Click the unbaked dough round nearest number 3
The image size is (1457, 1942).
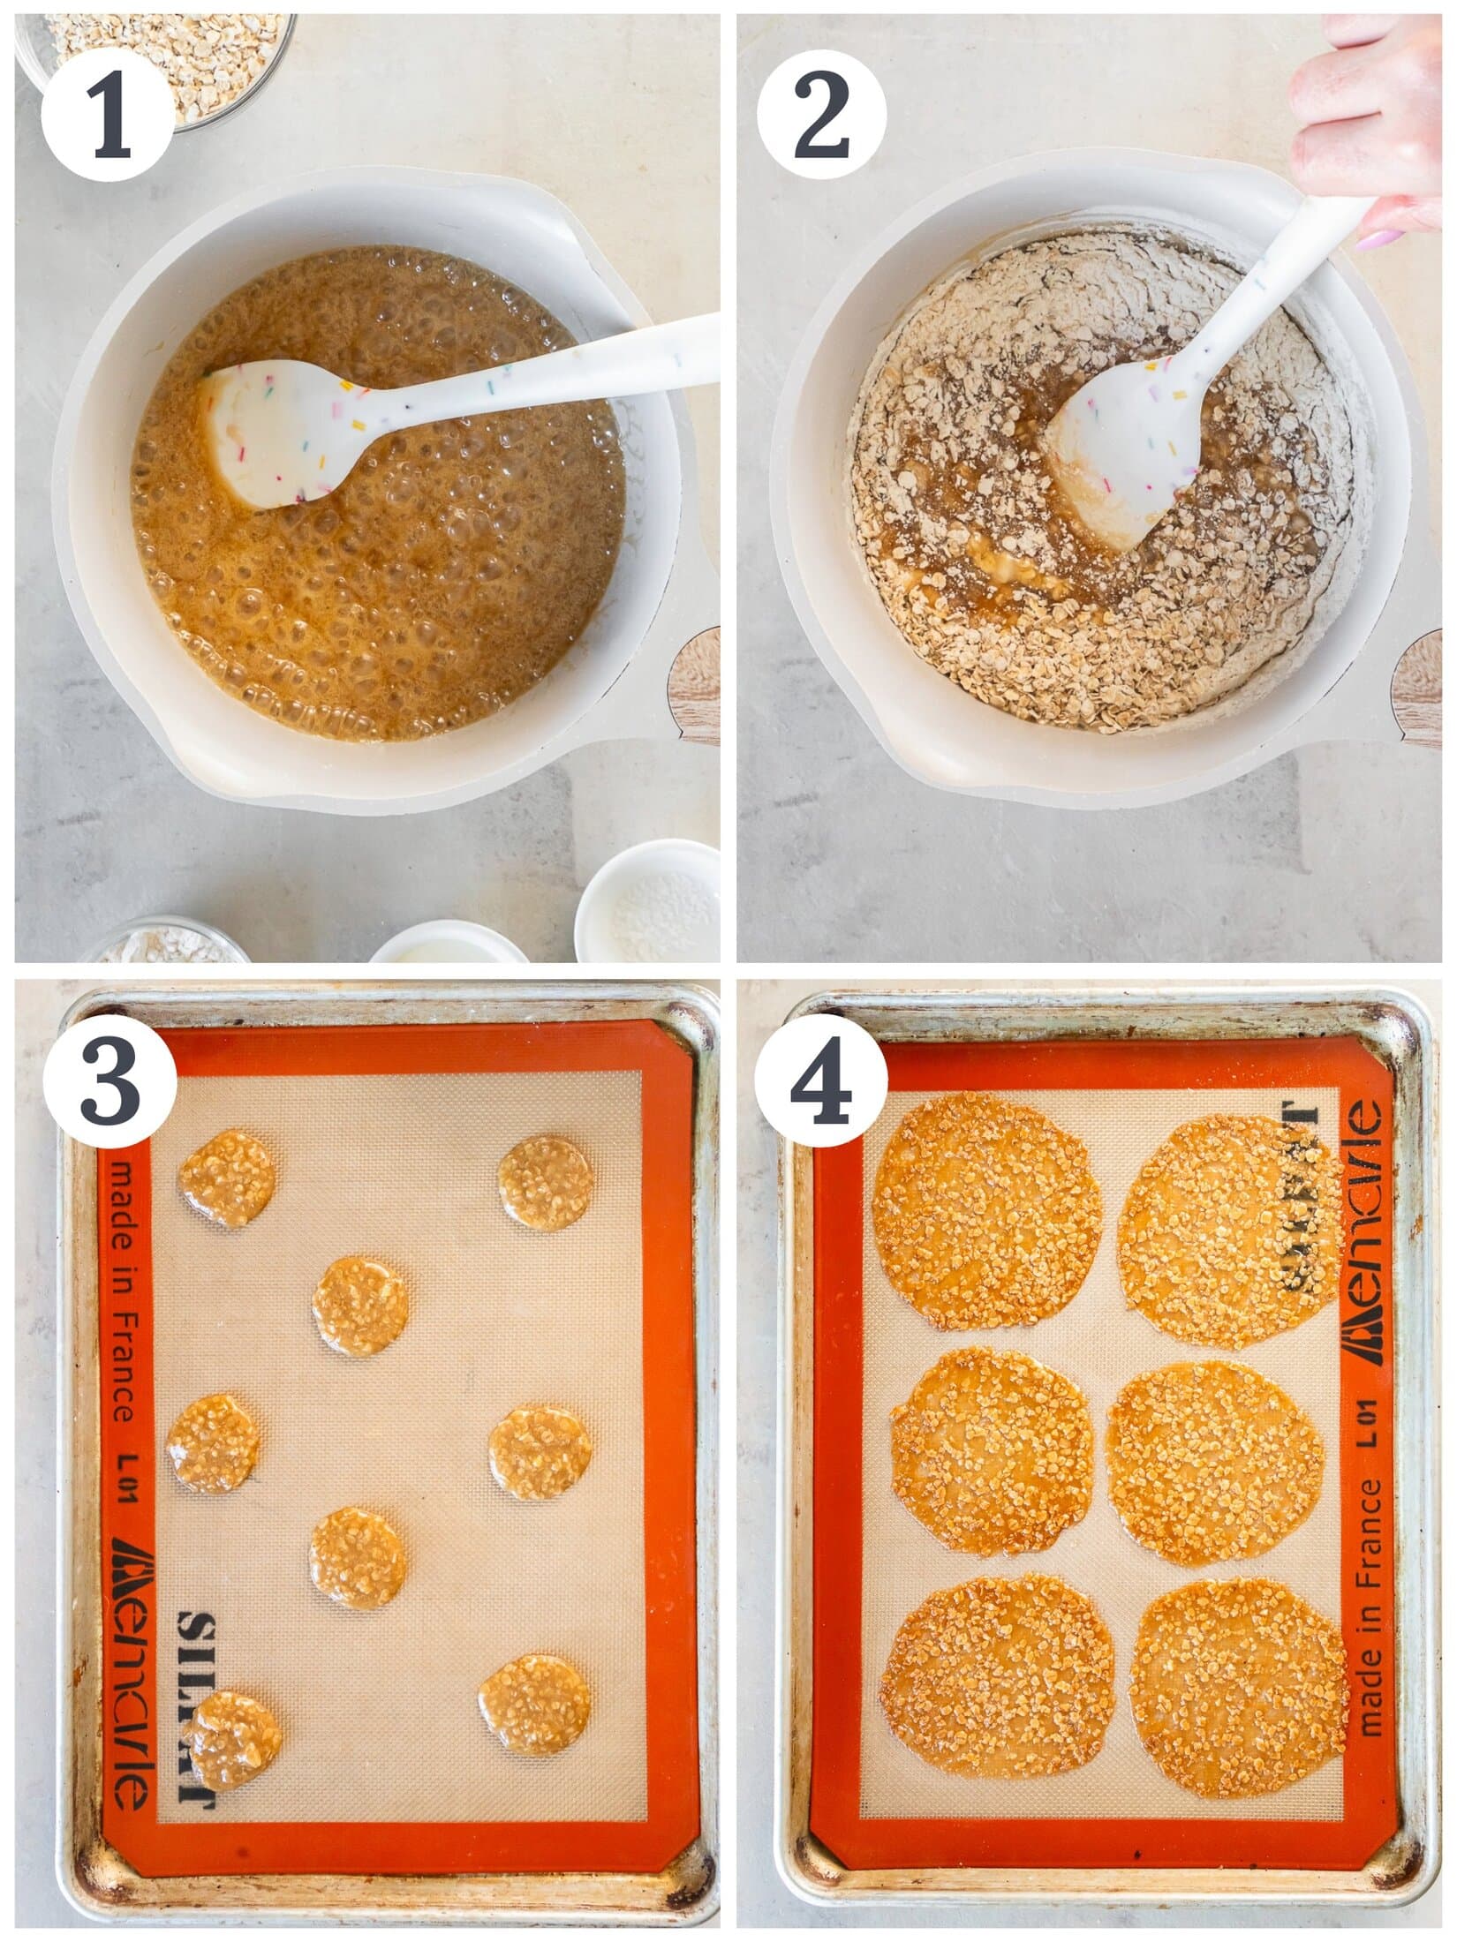click(228, 1178)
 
